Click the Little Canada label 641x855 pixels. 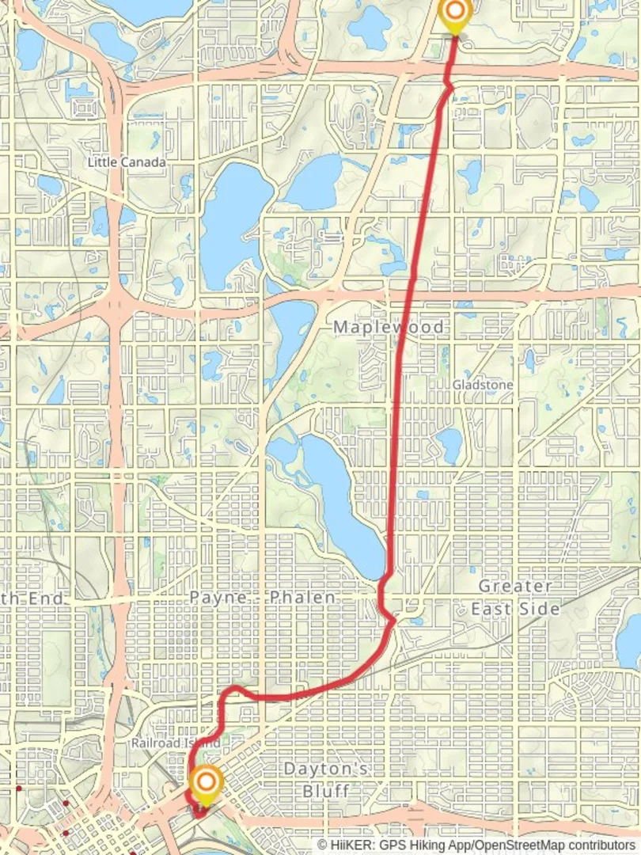(x=127, y=162)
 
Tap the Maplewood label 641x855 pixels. (x=389, y=327)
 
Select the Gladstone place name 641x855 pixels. (x=483, y=385)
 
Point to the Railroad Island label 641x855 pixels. (x=176, y=744)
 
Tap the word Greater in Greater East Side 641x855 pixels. (x=515, y=587)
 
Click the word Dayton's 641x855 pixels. (x=327, y=769)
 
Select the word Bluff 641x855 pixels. (x=326, y=790)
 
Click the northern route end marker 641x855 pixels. (x=454, y=12)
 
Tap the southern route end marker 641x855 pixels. (x=206, y=784)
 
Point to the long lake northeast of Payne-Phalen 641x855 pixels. (x=340, y=499)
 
